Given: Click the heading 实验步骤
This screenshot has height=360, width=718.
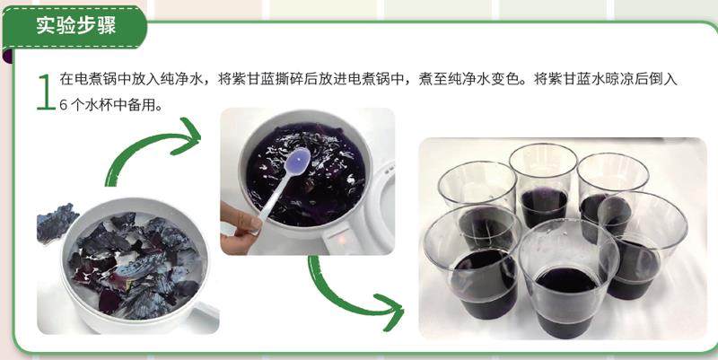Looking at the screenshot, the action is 76,26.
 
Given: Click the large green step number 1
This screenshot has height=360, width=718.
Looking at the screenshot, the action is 47,92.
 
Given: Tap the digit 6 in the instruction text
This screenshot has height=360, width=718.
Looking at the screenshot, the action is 64,105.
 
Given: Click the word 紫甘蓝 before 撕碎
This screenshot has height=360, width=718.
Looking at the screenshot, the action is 251,79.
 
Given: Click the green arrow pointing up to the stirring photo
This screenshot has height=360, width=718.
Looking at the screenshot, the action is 151,150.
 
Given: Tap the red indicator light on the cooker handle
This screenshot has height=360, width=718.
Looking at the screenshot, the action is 341,240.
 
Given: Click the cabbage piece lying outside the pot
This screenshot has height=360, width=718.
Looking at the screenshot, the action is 56,223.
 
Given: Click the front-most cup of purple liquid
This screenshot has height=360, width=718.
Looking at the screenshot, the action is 568,278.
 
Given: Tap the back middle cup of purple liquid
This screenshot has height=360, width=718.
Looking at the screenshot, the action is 543,185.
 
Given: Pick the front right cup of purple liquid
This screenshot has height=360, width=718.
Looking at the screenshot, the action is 644,245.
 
